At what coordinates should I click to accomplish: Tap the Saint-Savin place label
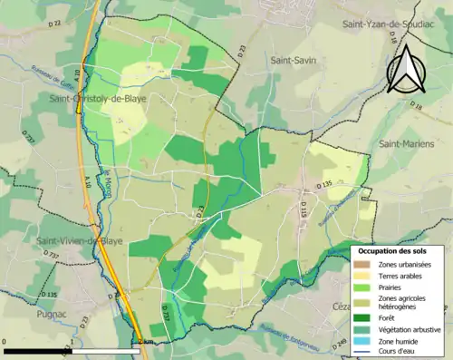tap(292, 59)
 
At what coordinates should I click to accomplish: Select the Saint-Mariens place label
tap(407, 144)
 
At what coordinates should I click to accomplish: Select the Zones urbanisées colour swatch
tap(365, 264)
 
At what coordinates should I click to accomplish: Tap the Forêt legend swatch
tap(365, 317)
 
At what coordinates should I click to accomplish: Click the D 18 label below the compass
tap(416, 106)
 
